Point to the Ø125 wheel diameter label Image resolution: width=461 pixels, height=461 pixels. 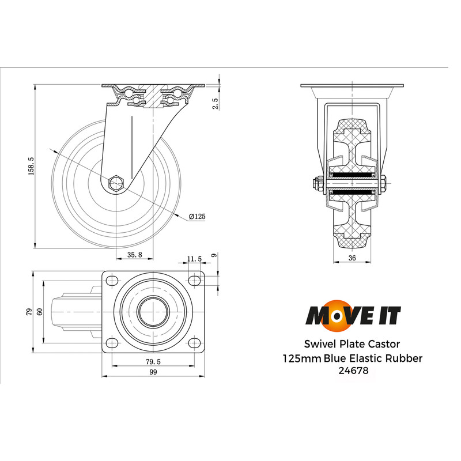197,216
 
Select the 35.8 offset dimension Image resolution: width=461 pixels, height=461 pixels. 134,255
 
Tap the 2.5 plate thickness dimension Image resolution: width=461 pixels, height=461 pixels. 214,104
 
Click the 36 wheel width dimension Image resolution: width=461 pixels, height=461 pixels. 352,259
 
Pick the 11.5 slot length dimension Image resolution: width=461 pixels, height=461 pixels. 194,259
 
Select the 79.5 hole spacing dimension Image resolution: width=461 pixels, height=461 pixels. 153,361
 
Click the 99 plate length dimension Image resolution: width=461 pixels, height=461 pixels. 153,373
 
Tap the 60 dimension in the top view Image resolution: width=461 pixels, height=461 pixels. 40,312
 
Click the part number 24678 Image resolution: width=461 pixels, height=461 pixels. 352,371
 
